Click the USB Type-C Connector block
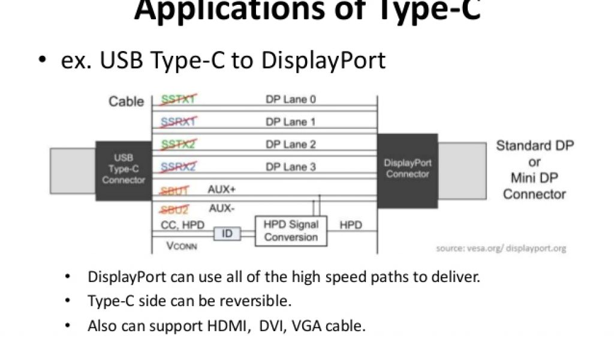point(123,170)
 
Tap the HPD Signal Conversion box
point(291,230)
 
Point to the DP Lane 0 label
point(290,99)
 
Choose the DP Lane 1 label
point(290,122)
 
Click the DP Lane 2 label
point(290,145)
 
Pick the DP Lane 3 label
point(290,167)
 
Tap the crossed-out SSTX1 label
point(179,99)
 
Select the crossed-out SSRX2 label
point(179,167)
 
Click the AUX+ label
point(221,189)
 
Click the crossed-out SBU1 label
point(174,190)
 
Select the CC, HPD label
point(183,225)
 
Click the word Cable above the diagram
point(126,101)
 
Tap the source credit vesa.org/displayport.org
point(501,248)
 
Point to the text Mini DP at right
point(534,178)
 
